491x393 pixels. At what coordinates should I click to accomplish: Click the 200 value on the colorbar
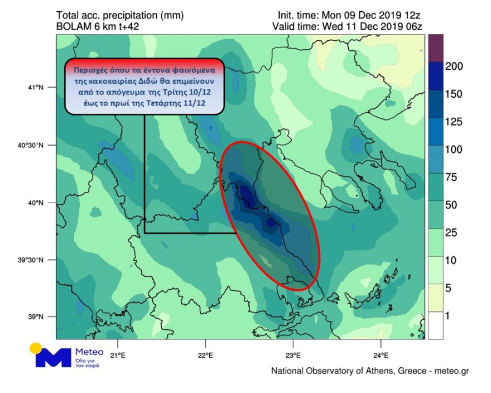pyautogui.click(x=455, y=66)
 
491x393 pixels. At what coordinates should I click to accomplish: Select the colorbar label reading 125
pyautogui.click(x=455, y=122)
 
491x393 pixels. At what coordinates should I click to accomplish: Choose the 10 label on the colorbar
pyautogui.click(x=453, y=261)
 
